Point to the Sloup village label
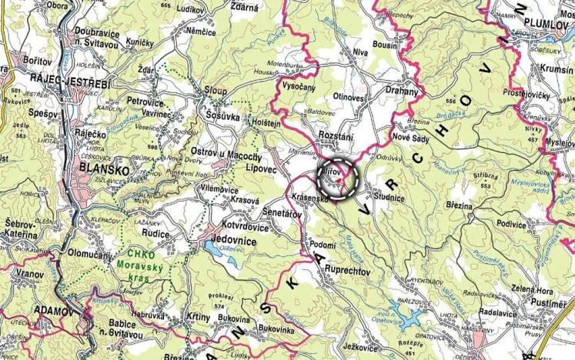[x=216, y=90]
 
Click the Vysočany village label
[x=299, y=86]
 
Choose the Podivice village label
[x=510, y=223]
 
